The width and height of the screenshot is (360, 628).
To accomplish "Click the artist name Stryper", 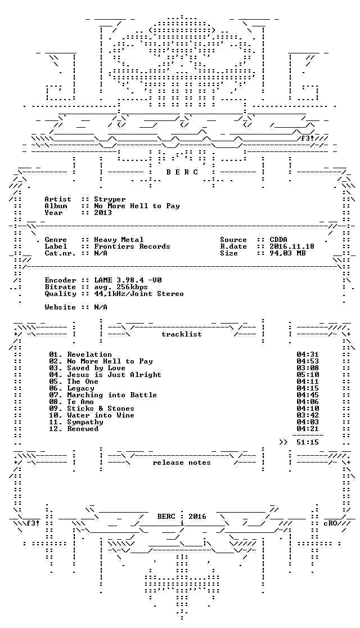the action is point(110,199).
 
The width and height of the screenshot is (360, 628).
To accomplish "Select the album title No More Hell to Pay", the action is point(137,206).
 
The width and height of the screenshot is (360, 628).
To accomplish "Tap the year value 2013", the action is point(103,213).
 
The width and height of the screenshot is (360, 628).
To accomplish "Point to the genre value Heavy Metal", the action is point(119,240).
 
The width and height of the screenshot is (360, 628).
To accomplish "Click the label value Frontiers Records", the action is point(132,246).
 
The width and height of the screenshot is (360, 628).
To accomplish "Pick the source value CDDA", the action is point(278,240).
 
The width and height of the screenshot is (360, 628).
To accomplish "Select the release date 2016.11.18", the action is point(292,246).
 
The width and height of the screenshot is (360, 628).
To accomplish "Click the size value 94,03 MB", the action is point(287,253).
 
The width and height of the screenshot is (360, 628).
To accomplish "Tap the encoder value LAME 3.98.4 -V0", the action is point(128,280).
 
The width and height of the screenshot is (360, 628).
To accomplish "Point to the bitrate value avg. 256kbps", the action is point(121,287).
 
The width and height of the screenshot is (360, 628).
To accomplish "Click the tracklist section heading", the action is point(181,334).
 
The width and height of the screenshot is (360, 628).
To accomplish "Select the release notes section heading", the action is point(181,463).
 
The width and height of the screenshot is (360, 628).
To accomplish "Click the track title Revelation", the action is point(89,355).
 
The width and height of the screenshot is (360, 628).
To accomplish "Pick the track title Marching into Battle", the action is point(112,395).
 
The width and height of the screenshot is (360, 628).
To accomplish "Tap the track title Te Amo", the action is point(80,402).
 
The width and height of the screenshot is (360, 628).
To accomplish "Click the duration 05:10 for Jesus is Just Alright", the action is point(308,375).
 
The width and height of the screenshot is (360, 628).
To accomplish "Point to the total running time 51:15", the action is point(308,442).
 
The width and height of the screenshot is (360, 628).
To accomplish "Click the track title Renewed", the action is point(83,429).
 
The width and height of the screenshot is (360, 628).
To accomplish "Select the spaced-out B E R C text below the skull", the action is point(182,172).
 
